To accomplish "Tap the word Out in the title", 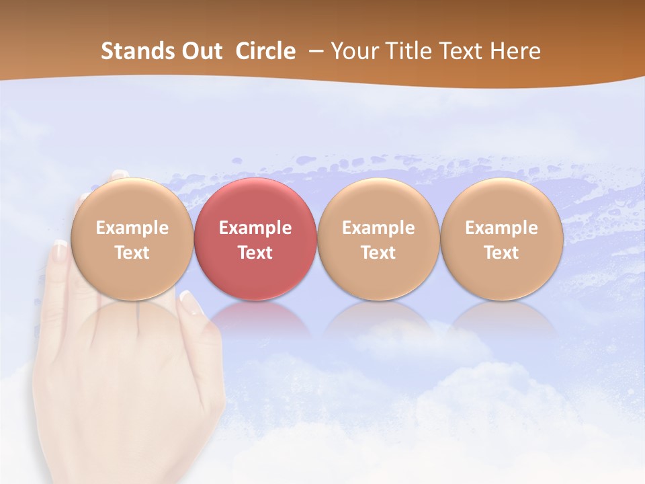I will tap(200, 51).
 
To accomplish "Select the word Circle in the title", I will tap(265, 51).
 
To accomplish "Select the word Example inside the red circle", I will tap(255, 228).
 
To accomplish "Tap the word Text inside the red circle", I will tap(255, 253).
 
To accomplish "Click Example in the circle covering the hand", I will tap(132, 228).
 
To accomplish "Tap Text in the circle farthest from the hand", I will tap(502, 253).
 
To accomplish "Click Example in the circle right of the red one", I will tap(378, 228).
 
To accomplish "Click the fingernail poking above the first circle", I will tap(120, 174).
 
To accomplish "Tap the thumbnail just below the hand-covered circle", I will tap(191, 302).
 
